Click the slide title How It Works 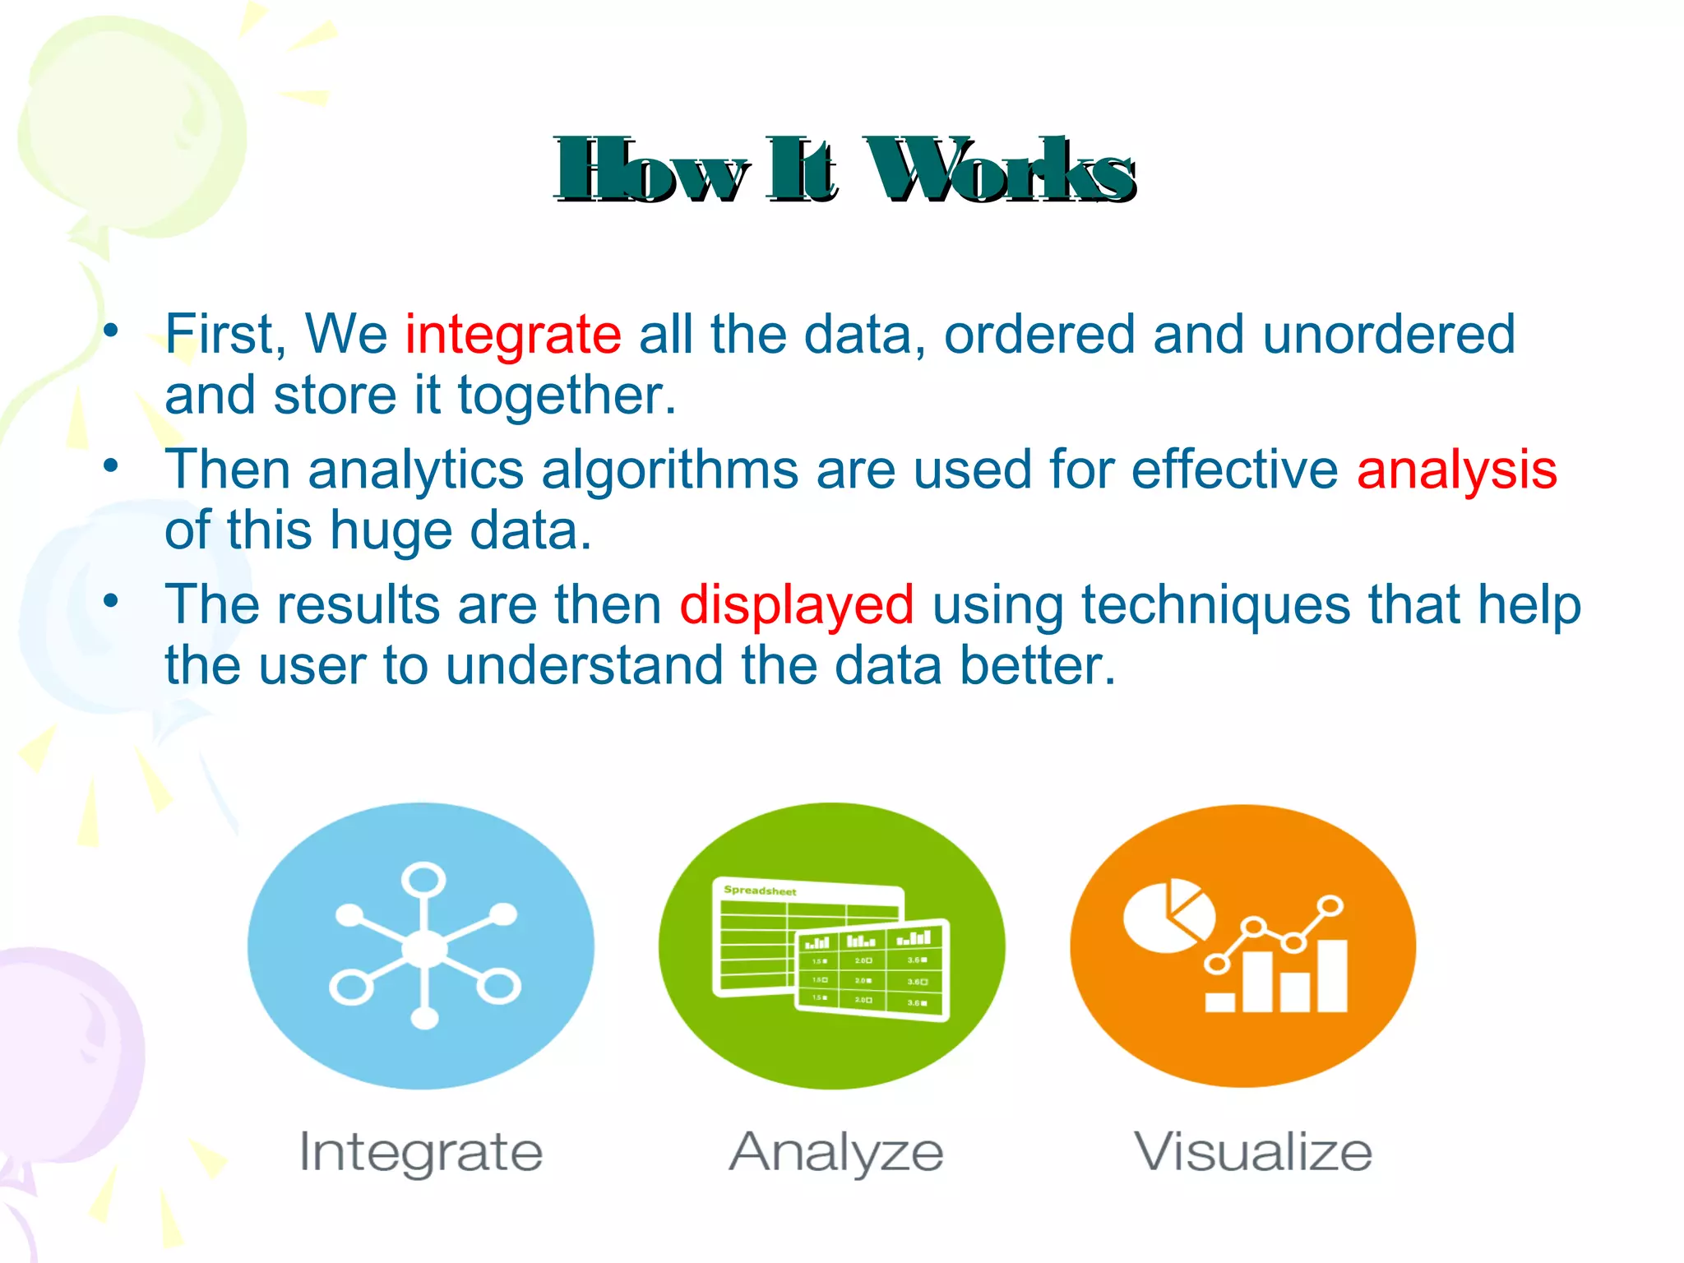click(844, 171)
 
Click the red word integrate click(513, 335)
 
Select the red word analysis click(1456, 470)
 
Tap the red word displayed click(796, 605)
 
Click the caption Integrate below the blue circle click(420, 1152)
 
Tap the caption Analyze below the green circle click(836, 1152)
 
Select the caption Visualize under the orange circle click(1253, 1152)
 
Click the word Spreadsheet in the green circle click(760, 891)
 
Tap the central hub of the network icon click(424, 949)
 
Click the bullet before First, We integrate click(110, 331)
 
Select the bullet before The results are click(110, 601)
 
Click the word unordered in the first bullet click(1388, 335)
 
